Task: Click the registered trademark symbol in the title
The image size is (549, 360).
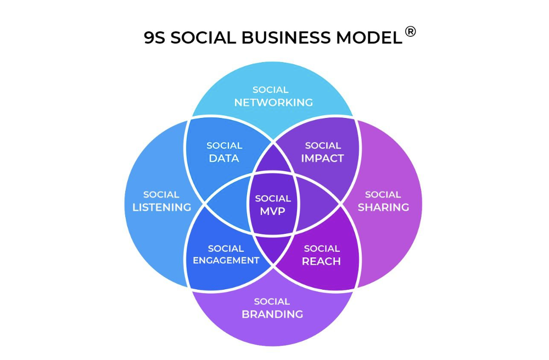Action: click(411, 32)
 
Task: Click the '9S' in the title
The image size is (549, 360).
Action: click(154, 38)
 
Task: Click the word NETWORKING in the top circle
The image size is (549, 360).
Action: click(273, 103)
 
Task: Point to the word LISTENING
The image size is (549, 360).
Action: click(161, 207)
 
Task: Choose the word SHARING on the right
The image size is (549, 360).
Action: click(383, 207)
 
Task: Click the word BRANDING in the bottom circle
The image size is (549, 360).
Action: click(272, 314)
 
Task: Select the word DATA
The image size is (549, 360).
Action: click(224, 159)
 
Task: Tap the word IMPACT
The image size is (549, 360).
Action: click(323, 159)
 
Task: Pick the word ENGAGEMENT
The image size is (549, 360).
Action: click(226, 261)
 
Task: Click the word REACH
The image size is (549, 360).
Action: click(322, 261)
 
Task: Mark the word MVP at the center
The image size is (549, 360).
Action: click(273, 211)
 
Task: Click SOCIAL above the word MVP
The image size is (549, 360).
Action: click(273, 199)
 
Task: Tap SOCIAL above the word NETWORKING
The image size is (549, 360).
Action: click(270, 89)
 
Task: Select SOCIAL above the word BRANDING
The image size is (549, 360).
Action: click(272, 301)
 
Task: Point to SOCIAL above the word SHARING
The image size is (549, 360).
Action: click(383, 194)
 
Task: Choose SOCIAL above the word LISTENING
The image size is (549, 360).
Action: click(161, 194)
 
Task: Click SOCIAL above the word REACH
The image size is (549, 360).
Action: click(322, 248)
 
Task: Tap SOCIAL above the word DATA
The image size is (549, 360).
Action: click(224, 145)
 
